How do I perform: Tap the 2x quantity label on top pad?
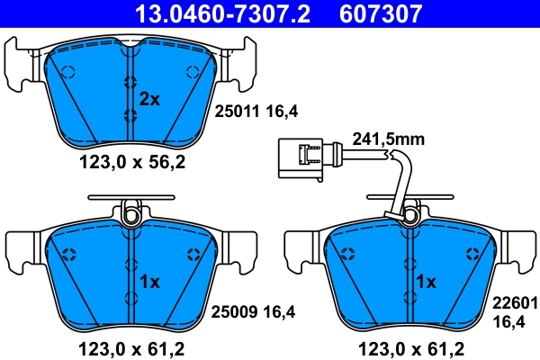[x=148, y=99]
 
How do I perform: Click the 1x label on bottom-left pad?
[x=148, y=282]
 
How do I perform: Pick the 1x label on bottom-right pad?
[x=425, y=282]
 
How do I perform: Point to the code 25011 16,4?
[x=255, y=112]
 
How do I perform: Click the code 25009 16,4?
[x=253, y=312]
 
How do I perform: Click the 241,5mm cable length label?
[x=390, y=139]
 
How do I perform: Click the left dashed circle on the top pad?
[x=66, y=72]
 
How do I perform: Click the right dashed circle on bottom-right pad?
[x=467, y=252]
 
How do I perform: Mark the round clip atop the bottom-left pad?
[x=131, y=215]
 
